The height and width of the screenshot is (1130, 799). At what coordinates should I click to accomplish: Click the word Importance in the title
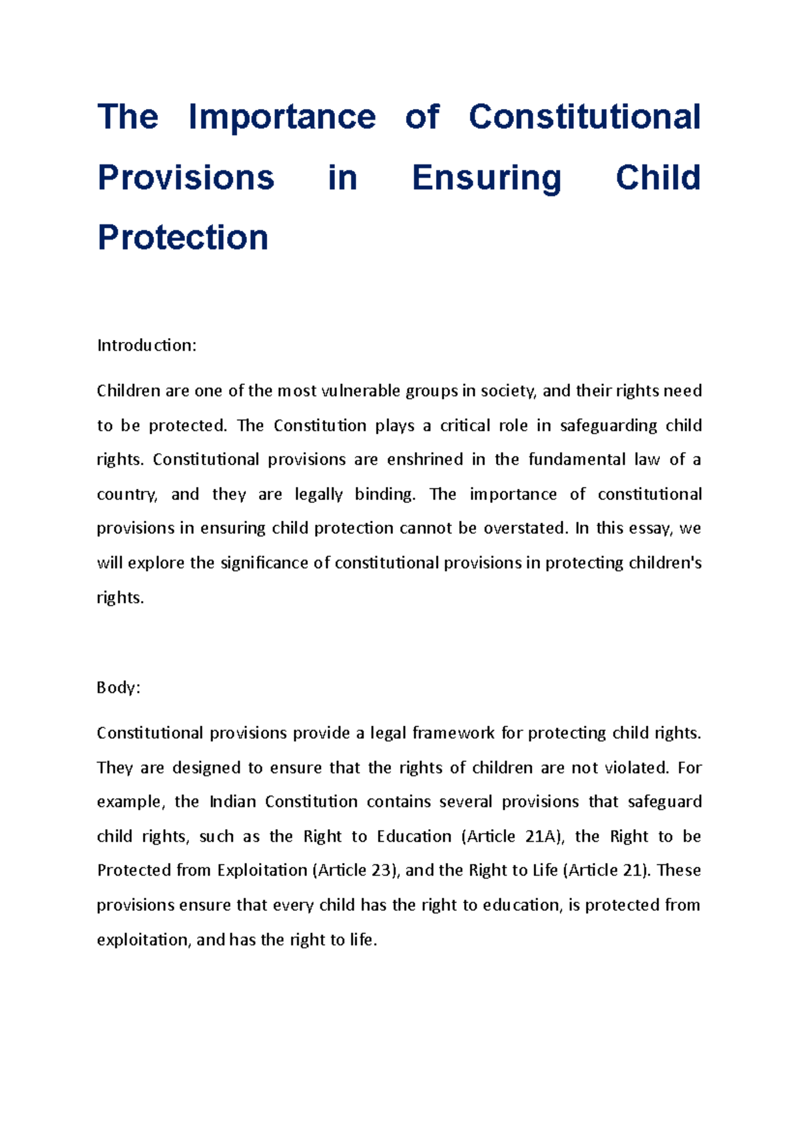pos(282,117)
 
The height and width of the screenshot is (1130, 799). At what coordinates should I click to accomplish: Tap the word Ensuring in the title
pos(487,178)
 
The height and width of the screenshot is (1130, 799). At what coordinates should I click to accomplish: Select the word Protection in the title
pos(182,238)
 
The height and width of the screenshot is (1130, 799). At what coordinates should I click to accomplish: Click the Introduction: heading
pos(146,345)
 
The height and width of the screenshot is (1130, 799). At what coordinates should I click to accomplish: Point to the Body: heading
pos(119,687)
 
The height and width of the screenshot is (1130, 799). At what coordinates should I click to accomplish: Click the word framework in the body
pos(453,733)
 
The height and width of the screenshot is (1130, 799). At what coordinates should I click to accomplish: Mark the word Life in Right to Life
pos(545,870)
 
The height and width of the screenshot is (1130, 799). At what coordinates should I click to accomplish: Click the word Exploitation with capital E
pos(262,870)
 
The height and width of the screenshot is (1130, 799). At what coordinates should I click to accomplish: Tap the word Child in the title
pos(657,178)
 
